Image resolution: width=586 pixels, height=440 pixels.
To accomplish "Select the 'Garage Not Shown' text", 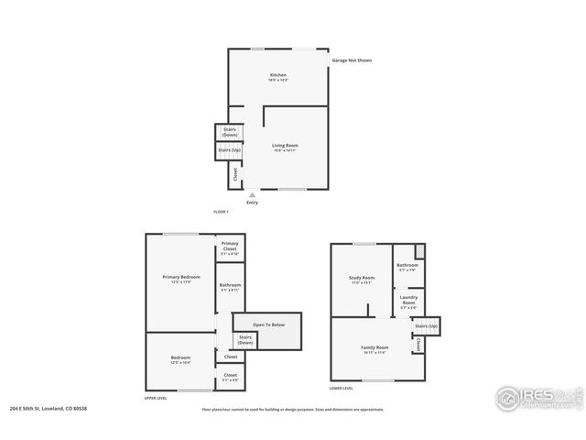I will [x=352, y=60].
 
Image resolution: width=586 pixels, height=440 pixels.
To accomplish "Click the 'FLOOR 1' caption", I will [x=221, y=212].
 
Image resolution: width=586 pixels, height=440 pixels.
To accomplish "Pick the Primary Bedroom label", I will [x=181, y=279].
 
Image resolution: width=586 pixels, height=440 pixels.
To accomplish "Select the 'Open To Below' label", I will [x=269, y=324].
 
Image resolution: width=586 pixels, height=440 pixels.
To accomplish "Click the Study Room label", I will [x=362, y=280].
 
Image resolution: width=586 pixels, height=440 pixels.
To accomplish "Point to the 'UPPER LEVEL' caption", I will [x=156, y=399].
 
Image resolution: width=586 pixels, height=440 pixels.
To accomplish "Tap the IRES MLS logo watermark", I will [x=535, y=397].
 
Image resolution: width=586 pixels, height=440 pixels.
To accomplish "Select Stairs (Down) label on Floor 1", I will [x=230, y=132].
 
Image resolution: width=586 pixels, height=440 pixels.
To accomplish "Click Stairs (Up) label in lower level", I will [x=426, y=326].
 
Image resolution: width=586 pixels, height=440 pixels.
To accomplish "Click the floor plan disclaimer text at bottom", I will [x=293, y=409].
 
